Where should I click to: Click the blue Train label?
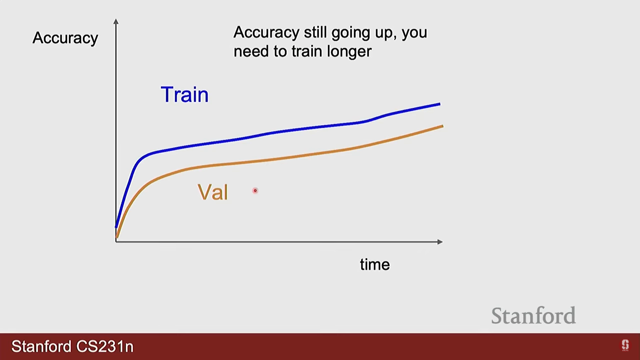tap(185, 94)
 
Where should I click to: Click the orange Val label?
tap(213, 192)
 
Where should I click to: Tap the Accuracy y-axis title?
tap(65, 38)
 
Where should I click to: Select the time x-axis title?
tap(375, 265)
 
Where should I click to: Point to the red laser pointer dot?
tap(255, 191)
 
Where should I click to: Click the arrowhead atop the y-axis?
tap(116, 21)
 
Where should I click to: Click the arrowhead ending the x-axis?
tap(440, 242)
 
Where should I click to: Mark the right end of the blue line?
tap(440, 104)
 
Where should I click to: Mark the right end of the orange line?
tap(443, 126)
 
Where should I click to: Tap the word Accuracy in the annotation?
tap(266, 33)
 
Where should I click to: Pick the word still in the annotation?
tap(315, 32)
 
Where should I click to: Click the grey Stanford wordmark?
tap(534, 316)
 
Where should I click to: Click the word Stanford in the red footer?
tap(41, 347)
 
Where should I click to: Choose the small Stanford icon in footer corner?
tap(625, 345)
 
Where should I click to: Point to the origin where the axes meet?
tap(116, 242)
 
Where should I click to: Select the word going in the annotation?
tap(351, 33)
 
